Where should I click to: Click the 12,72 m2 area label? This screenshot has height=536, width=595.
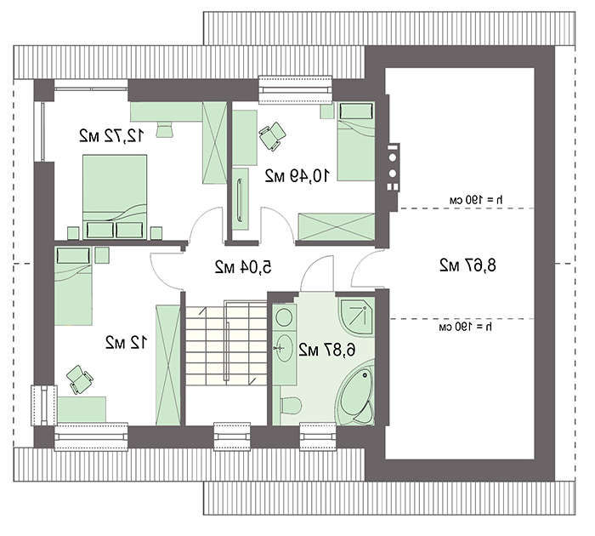(x=112, y=135)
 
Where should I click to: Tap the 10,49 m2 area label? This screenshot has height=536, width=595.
(x=297, y=175)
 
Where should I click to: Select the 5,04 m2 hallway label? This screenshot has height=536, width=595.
(x=243, y=266)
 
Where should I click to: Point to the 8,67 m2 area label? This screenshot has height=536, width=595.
(x=467, y=265)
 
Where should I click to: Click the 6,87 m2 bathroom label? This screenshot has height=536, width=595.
(x=327, y=350)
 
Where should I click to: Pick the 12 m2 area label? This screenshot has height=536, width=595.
(x=126, y=343)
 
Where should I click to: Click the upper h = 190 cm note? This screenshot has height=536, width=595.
(x=476, y=200)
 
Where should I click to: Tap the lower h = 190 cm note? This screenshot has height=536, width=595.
(x=465, y=327)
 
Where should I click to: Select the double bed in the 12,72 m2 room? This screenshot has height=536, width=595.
(x=115, y=197)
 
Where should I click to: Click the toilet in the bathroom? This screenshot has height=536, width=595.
(x=291, y=405)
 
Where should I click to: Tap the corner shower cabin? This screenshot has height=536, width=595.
(x=356, y=316)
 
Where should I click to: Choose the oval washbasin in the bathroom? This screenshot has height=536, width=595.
(x=283, y=348)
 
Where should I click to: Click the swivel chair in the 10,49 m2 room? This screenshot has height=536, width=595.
(x=272, y=135)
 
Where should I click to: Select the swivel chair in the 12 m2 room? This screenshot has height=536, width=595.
(x=80, y=379)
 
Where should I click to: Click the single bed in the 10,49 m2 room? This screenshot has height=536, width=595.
(x=356, y=141)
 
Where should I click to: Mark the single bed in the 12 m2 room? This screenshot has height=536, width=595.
(x=73, y=286)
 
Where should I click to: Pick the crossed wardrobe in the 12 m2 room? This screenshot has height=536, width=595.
(x=168, y=365)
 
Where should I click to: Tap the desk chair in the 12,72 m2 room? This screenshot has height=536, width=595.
(x=164, y=129)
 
